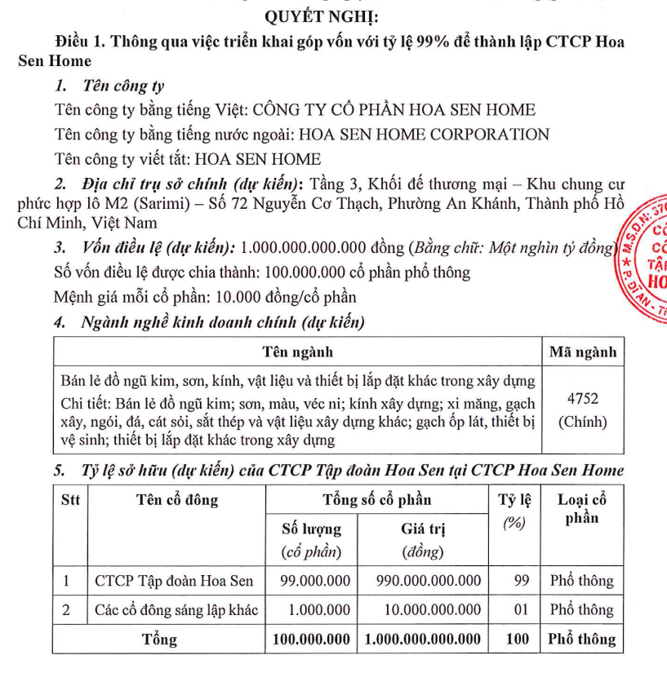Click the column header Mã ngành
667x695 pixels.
[582, 352]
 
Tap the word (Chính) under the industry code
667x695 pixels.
[582, 422]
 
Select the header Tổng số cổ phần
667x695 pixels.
[377, 499]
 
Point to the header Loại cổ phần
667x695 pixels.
[581, 508]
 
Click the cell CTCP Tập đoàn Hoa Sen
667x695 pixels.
[175, 582]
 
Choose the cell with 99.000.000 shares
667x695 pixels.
[315, 582]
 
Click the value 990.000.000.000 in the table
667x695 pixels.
[428, 582]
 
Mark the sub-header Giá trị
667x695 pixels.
[423, 528]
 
